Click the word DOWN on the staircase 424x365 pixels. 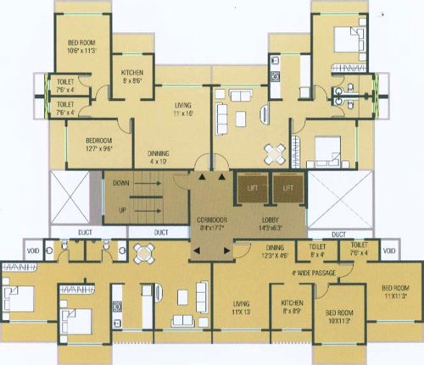[x=120, y=182]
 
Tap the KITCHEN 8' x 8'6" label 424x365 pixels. [x=136, y=77]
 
